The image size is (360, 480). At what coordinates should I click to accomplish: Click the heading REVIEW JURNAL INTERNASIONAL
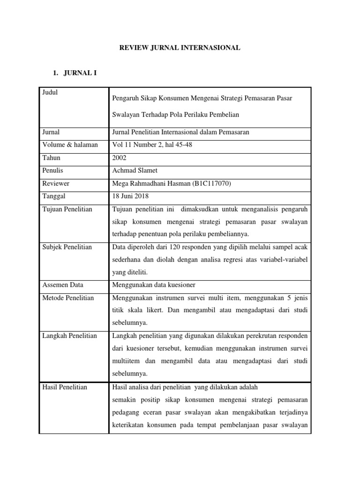click(180, 48)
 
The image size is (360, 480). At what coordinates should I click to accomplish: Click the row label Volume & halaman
click(70, 145)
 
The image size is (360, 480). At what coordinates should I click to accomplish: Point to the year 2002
click(120, 158)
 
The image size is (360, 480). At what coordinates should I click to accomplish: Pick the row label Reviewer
click(56, 184)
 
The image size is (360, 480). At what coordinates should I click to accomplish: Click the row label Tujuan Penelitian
click(67, 210)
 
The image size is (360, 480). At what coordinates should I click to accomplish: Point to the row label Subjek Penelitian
click(67, 247)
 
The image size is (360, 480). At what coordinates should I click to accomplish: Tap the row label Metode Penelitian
click(68, 298)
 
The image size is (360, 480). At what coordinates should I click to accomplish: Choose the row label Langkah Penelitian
click(69, 336)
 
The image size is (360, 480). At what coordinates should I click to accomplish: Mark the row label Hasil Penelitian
click(65, 387)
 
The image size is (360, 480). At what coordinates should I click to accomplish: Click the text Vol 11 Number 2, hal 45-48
click(152, 145)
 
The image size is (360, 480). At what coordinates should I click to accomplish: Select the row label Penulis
click(52, 171)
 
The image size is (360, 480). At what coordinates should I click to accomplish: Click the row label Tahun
click(52, 158)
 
